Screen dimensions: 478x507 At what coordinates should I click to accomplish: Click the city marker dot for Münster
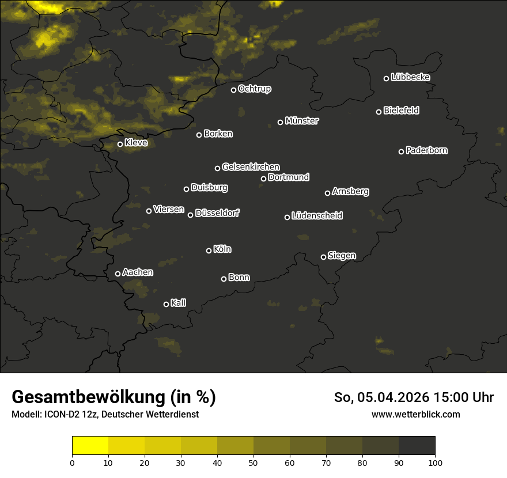pos(281,122)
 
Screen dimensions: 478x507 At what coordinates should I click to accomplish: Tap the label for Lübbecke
pos(410,77)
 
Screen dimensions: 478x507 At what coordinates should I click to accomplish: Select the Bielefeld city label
pos(401,110)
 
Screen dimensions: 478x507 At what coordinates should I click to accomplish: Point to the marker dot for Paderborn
pos(402,151)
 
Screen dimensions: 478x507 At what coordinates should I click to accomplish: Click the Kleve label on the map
pos(136,142)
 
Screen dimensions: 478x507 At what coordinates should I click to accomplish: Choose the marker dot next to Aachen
pos(118,274)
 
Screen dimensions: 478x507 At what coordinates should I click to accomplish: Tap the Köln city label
pos(222,249)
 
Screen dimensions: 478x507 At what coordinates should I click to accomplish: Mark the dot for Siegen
pos(323,257)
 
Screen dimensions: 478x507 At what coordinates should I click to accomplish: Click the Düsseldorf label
pos(217,213)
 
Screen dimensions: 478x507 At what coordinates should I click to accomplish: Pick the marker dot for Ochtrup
pos(234,90)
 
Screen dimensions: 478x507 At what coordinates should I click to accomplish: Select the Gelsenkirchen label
pos(251,167)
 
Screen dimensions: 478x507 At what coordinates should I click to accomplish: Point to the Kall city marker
pos(167,304)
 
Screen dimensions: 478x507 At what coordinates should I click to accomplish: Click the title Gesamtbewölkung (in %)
pos(114,397)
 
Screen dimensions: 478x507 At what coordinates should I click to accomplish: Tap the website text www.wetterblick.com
pos(416,414)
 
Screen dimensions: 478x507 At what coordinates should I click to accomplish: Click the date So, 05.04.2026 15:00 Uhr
pos(414,397)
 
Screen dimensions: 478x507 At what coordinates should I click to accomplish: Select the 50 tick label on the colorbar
pos(253,462)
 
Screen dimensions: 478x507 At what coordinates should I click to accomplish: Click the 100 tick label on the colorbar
pos(435,462)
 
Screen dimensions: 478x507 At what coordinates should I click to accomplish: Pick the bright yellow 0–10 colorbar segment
pos(90,446)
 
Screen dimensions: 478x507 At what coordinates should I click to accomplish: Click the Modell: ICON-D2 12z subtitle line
pos(105,415)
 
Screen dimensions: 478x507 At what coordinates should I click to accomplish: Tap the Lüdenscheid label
pos(317,215)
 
